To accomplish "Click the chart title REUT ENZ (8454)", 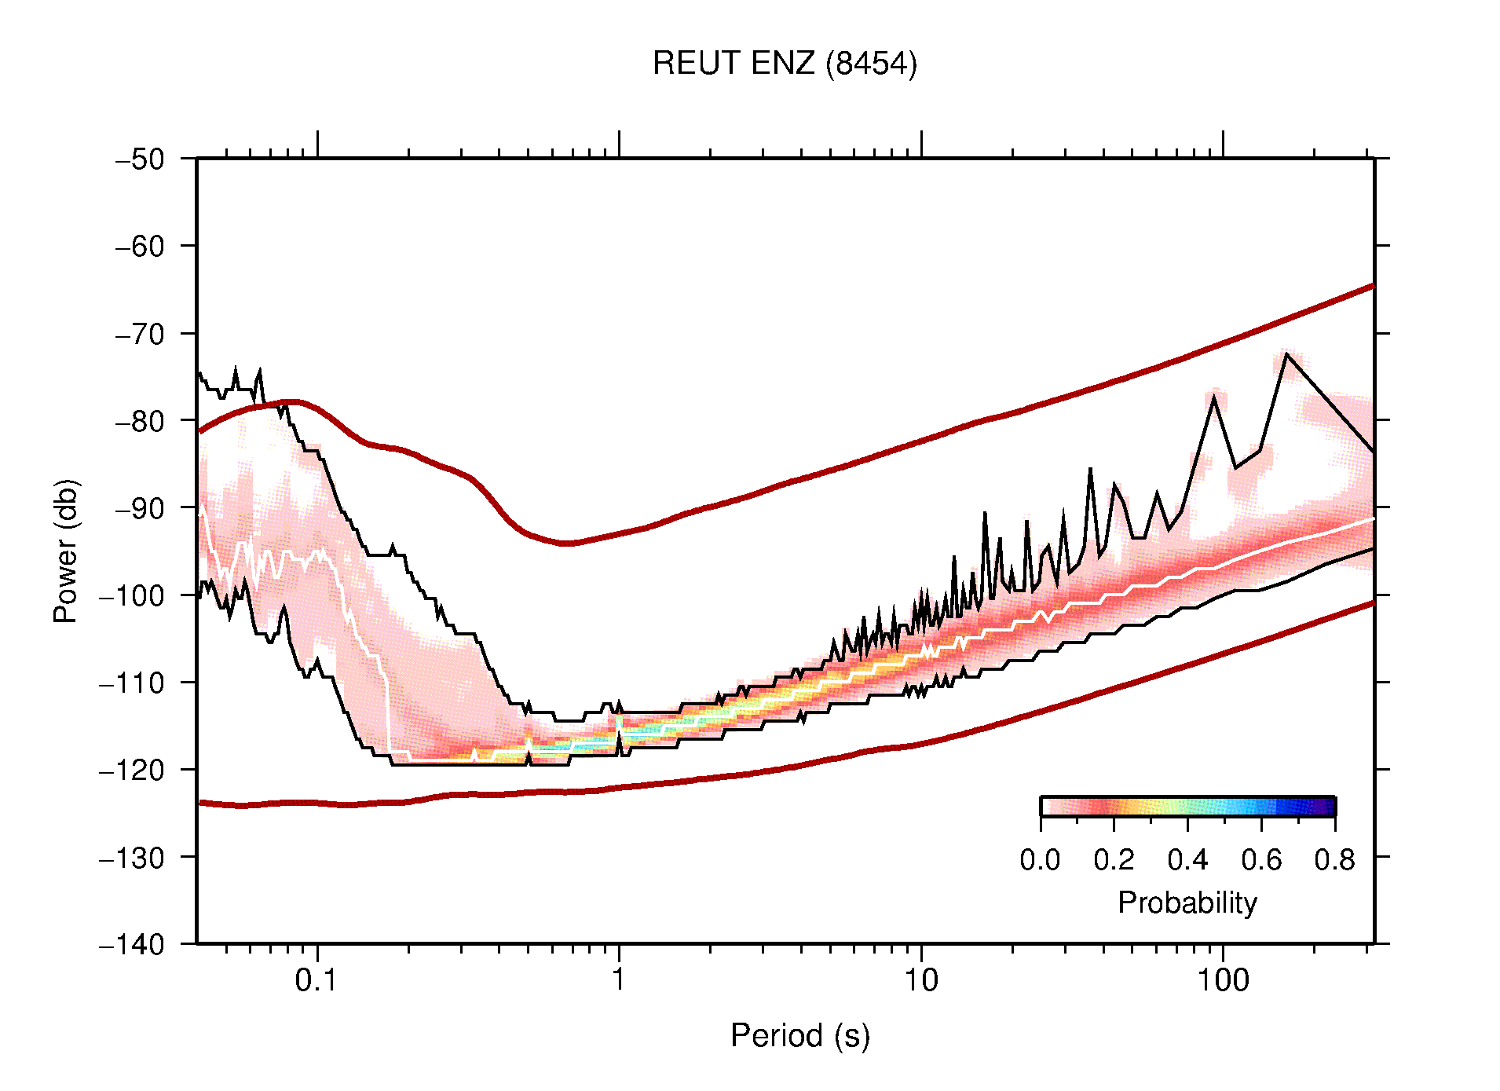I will (x=784, y=64).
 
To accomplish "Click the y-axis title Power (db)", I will (x=67, y=551).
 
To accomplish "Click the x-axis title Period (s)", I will (x=799, y=1036).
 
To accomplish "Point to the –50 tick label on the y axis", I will (x=140, y=159).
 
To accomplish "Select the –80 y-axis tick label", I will (x=140, y=421).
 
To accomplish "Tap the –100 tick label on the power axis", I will (x=132, y=595).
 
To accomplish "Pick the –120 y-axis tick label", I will (x=132, y=771).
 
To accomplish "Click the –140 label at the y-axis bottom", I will (x=132, y=944).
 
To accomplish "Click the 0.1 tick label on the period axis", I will (x=316, y=980).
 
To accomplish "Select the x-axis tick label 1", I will (x=619, y=980).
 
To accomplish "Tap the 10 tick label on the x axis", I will (x=920, y=980).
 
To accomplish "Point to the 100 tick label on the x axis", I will (x=1223, y=980).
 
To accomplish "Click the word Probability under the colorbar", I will (x=1187, y=903).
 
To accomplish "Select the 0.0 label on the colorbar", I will (x=1040, y=861).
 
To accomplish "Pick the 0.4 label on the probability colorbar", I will (x=1187, y=861).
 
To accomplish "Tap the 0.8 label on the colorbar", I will (x=1334, y=861).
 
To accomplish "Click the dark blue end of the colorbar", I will (x=1327, y=807).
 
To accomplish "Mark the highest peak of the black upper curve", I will (x=1286, y=353).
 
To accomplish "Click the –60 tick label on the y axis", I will (x=140, y=247).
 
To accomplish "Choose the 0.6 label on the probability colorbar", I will (x=1261, y=861).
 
